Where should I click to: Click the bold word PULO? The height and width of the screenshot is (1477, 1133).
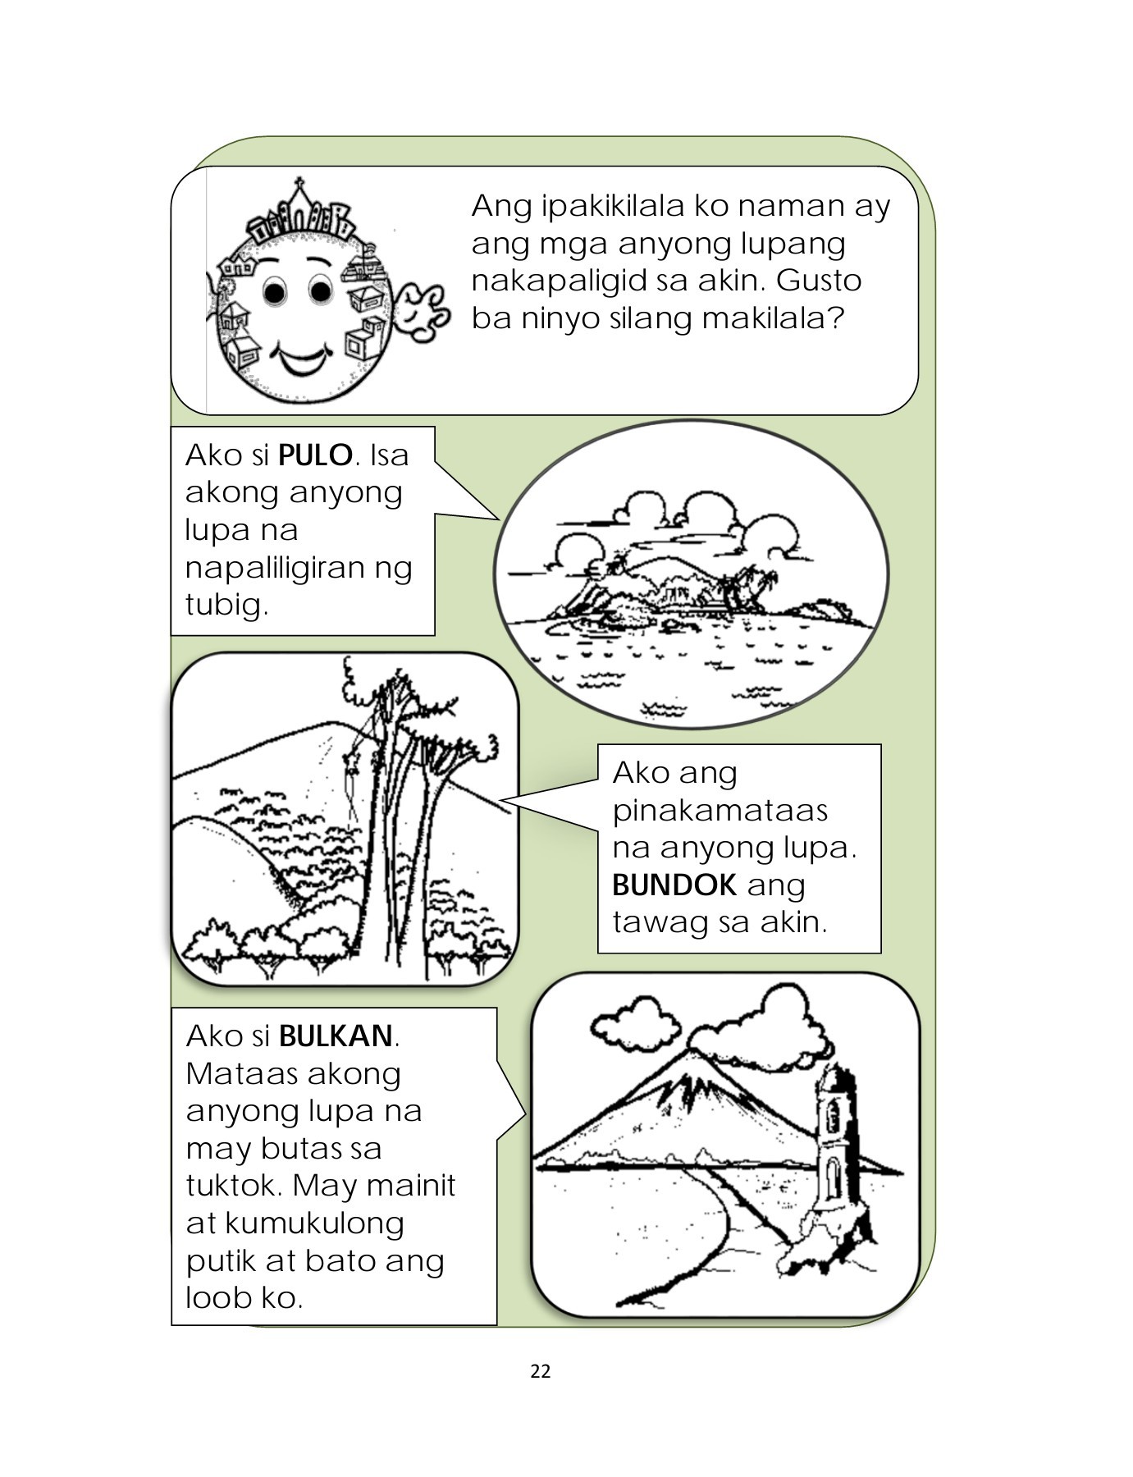[316, 455]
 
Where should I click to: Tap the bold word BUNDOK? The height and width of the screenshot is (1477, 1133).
[674, 885]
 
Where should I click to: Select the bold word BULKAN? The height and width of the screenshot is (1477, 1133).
[336, 1036]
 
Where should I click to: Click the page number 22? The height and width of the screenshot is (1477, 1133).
[541, 1371]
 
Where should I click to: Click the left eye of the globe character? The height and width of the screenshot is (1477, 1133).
[274, 290]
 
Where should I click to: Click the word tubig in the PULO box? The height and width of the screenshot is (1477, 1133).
[226, 605]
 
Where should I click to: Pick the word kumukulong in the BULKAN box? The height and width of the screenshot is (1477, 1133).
[314, 1223]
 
